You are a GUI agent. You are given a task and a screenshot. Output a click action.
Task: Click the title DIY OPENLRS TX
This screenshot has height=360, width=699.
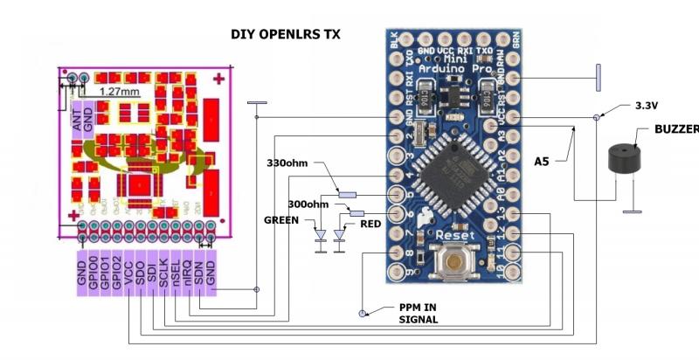tap(285, 35)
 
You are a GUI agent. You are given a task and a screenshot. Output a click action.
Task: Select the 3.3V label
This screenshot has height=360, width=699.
tap(646, 105)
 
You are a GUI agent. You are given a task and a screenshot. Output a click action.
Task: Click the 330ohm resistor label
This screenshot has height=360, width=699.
tap(289, 163)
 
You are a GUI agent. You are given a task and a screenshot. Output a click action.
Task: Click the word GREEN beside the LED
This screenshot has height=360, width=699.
tap(281, 221)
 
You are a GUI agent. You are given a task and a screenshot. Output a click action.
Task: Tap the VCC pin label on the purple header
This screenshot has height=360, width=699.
tap(128, 273)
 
